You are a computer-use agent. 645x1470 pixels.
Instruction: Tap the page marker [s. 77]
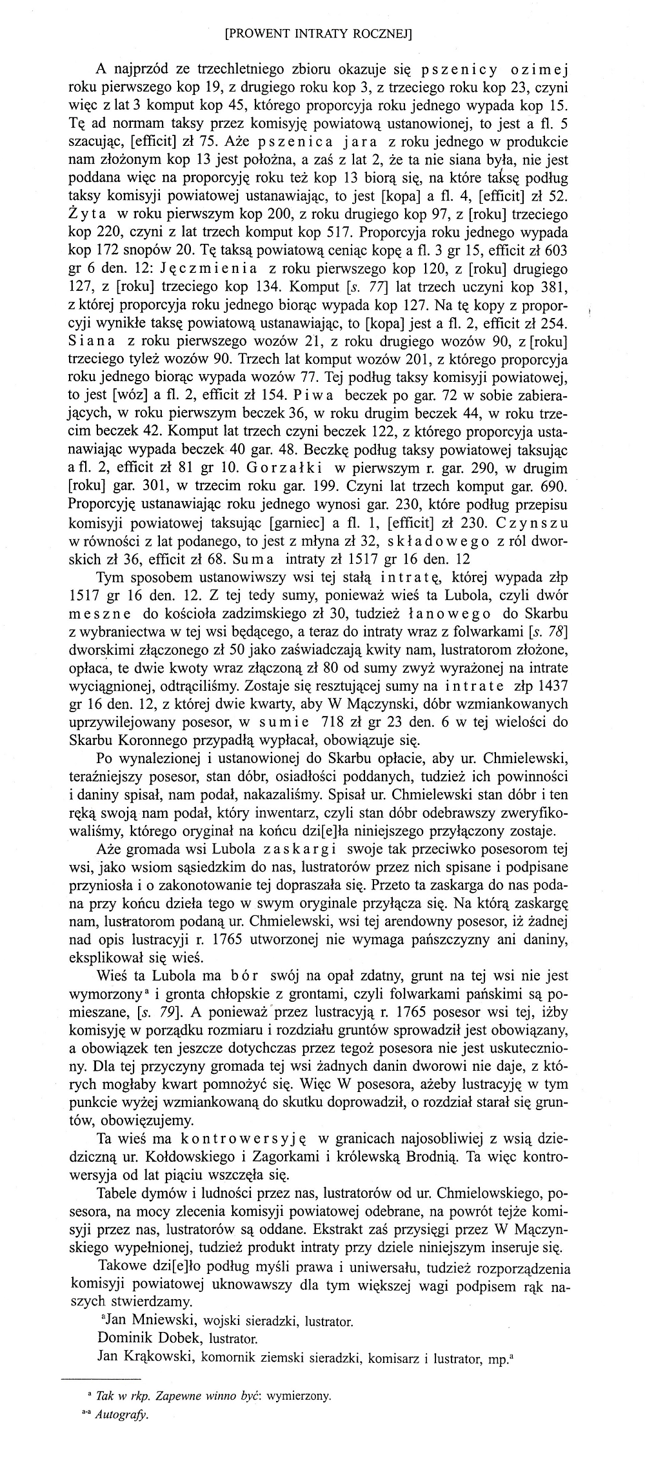coord(362,288)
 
